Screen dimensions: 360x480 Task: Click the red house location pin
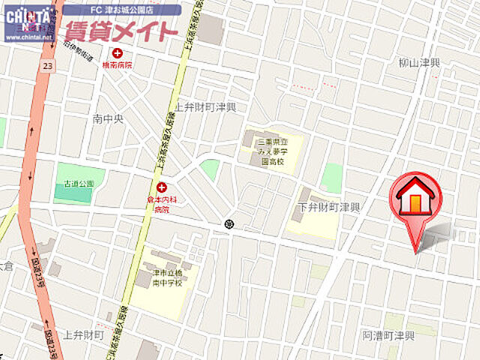coord(415,199)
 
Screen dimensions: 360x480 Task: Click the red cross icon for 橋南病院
coord(117,53)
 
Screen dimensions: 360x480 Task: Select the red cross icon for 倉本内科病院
coord(162,187)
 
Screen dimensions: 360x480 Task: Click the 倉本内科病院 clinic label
coord(162,204)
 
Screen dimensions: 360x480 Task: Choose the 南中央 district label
coord(107,118)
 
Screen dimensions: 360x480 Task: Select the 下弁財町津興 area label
coord(329,206)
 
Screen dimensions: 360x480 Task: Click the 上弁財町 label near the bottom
coord(85,334)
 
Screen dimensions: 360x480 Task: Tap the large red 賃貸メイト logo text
coord(121,31)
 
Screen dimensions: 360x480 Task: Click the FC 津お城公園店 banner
coord(121,10)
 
